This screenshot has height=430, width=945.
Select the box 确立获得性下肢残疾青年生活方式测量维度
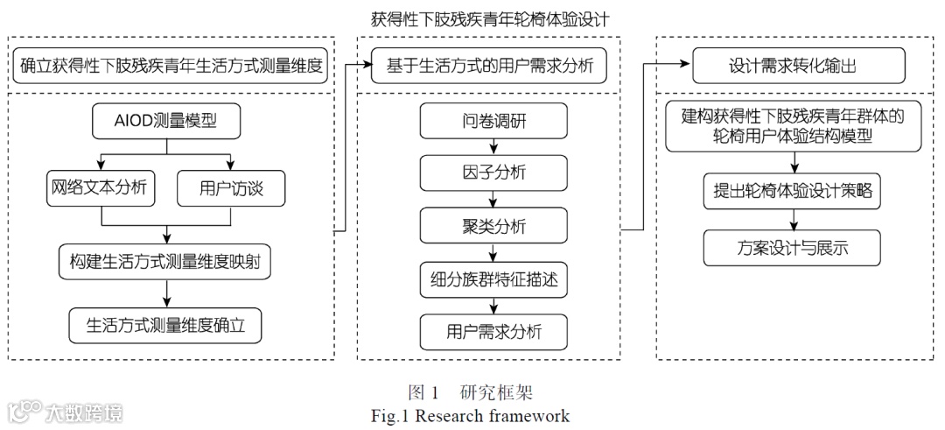coord(171,66)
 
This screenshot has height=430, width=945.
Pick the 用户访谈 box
coord(231,187)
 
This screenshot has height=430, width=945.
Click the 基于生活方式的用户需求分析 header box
coord(489,67)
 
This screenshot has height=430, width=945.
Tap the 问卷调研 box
coord(494,121)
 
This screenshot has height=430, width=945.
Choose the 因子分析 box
coord(494,173)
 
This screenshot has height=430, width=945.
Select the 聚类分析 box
coord(494,226)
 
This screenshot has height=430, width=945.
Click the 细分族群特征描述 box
coord(494,279)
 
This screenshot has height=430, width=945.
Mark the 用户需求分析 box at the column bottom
coord(494,332)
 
